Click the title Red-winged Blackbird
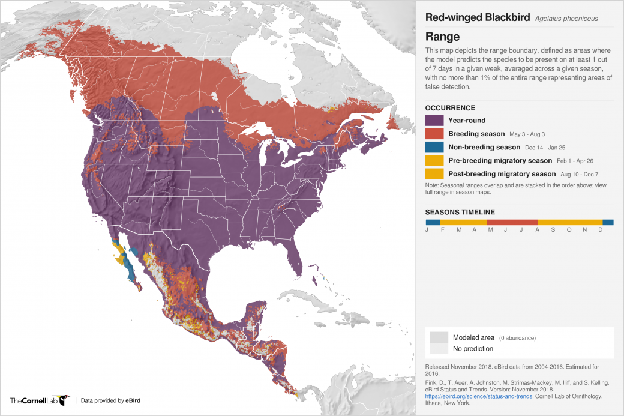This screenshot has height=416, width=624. click(478, 17)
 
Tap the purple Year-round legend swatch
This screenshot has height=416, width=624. click(433, 120)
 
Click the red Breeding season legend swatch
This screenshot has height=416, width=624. click(433, 133)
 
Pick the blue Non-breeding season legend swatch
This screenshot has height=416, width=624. click(433, 147)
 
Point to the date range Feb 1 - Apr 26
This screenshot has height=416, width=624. click(579, 161)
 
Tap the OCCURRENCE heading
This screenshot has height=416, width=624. click(450, 108)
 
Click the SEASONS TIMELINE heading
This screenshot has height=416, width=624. click(460, 212)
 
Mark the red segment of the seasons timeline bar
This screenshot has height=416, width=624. click(511, 222)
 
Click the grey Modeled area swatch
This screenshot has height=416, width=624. click(438, 337)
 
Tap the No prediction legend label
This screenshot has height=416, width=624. click(473, 349)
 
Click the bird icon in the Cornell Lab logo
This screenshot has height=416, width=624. click(64, 400)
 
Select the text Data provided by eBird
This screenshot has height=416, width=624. click(110, 400)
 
